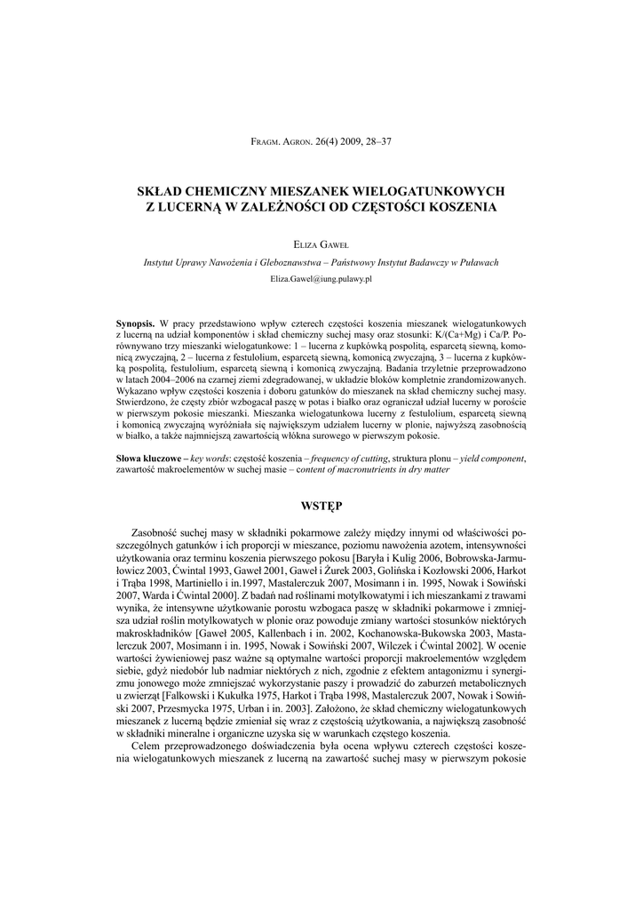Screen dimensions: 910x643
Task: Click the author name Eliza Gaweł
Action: (321, 243)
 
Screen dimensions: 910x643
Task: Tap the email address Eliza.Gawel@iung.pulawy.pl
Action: (321, 278)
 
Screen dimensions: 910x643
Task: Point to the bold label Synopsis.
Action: (136, 323)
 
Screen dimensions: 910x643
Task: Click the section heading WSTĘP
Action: (321, 506)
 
